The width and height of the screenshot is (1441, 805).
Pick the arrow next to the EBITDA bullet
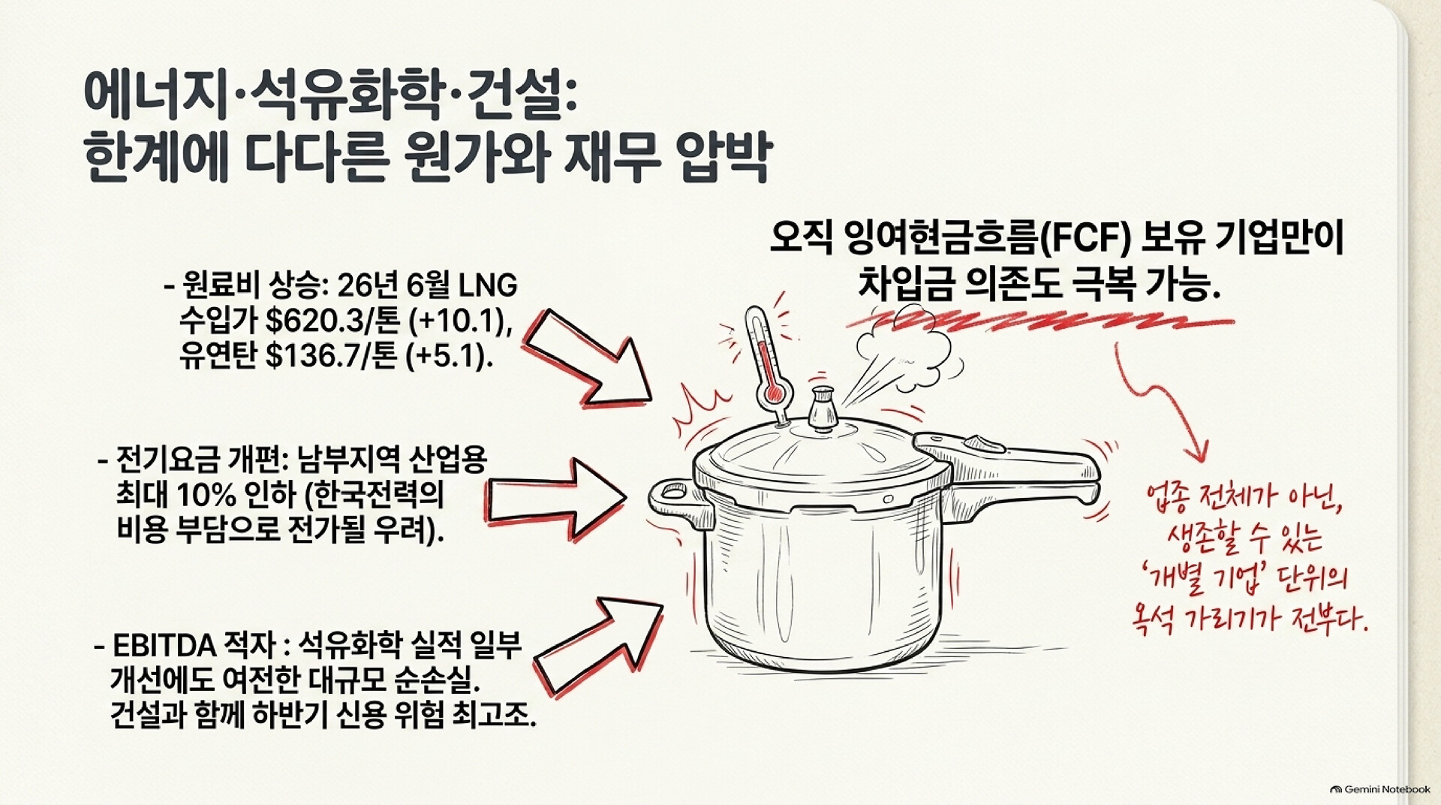pos(597,645)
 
